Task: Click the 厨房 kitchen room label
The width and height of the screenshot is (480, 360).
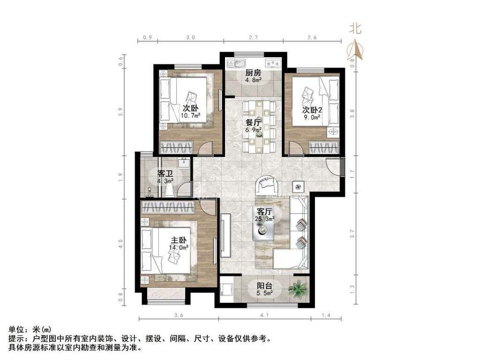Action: pos(254,73)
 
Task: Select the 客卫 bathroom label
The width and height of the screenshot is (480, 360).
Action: pos(165,173)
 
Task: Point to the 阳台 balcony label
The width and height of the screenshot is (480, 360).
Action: pos(265,285)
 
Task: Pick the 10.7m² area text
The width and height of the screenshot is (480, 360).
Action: pos(191,115)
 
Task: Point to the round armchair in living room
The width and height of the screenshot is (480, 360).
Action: pos(267,184)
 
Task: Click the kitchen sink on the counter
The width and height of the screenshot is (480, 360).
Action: pos(234,62)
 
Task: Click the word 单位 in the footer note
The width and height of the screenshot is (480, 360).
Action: pos(16,330)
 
